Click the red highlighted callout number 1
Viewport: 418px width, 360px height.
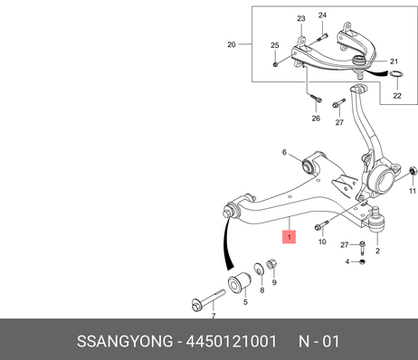pos(289,237)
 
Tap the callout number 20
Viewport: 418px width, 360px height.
pos(232,44)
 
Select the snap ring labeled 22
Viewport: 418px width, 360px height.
pos(396,73)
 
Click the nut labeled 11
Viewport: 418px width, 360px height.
pos(413,171)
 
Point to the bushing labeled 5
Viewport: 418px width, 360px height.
pos(239,282)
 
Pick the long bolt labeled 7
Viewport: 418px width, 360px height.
pos(208,300)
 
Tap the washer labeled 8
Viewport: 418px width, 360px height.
pos(258,269)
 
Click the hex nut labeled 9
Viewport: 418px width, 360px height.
pos(271,264)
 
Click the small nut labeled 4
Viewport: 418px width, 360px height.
pos(363,261)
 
